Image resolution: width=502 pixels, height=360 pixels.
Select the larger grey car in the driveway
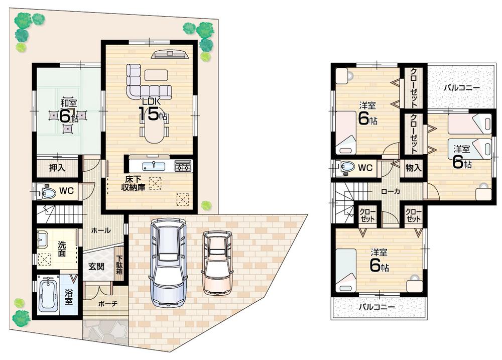(169, 262)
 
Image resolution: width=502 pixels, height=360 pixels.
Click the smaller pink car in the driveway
(217, 262)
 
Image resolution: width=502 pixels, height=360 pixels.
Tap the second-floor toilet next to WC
(345, 167)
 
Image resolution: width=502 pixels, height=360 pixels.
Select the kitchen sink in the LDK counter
(152, 166)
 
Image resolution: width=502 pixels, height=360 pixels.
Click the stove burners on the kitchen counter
(183, 166)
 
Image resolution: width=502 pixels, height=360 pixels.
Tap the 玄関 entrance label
(96, 266)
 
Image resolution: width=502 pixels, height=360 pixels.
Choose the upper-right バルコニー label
(461, 88)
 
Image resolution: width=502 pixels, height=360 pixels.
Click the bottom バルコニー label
(376, 307)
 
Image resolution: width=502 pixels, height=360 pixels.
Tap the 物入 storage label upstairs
(413, 168)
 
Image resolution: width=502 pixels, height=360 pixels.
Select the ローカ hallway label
(390, 191)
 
